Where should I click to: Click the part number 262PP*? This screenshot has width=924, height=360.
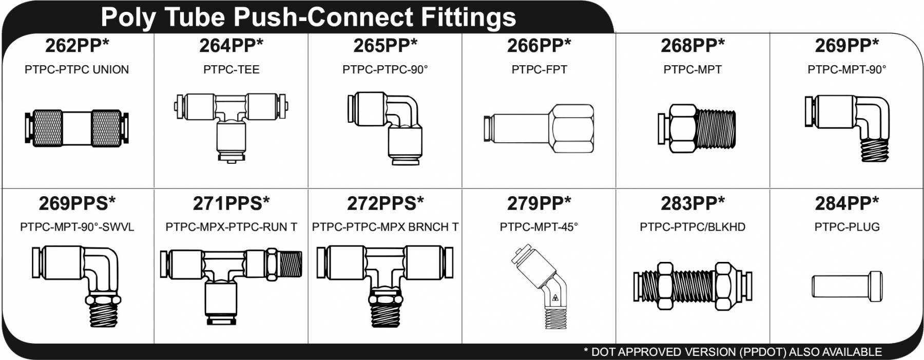tap(77, 46)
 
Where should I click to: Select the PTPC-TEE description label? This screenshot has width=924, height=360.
tap(231, 69)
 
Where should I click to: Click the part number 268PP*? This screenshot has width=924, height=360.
tap(692, 46)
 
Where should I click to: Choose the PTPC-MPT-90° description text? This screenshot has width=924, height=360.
tap(846, 69)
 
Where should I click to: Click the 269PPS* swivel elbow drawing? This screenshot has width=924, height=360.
tap(77, 286)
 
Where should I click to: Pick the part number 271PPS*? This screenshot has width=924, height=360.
tap(231, 203)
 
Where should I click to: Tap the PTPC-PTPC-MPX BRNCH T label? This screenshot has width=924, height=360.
tap(385, 227)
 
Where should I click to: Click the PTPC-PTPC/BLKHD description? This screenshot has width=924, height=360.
tap(692, 227)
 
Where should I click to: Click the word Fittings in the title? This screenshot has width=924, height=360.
tap(468, 17)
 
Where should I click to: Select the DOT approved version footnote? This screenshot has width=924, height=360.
tap(733, 352)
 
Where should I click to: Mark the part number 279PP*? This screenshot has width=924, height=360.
tap(538, 203)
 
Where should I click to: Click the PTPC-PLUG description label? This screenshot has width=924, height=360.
tap(847, 227)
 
